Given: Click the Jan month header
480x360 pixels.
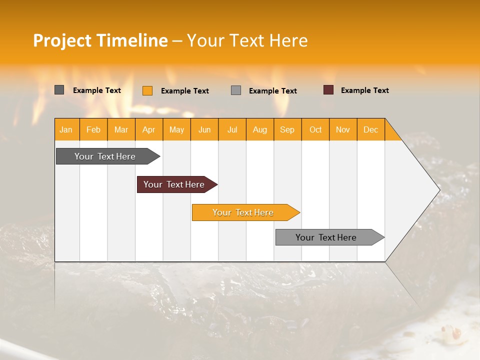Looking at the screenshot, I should pyautogui.click(x=66, y=129).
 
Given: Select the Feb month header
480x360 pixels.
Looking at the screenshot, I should pyautogui.click(x=93, y=129).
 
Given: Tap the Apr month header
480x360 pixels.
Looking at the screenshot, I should pyautogui.click(x=149, y=129).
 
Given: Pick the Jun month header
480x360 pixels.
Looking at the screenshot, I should pyautogui.click(x=204, y=129).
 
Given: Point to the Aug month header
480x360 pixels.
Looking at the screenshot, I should pyautogui.click(x=260, y=129).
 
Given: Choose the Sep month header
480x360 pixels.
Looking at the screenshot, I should pyautogui.click(x=287, y=129).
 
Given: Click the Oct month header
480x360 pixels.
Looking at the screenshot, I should pyautogui.click(x=315, y=129).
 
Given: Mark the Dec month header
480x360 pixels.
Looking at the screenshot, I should pyautogui.click(x=371, y=129).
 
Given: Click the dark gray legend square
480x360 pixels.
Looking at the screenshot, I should pyautogui.click(x=59, y=90).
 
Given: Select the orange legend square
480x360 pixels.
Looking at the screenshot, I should pyautogui.click(x=147, y=90).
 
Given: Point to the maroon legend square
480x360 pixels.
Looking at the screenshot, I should pyautogui.click(x=328, y=90).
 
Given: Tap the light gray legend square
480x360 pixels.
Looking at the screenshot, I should pyautogui.click(x=236, y=90).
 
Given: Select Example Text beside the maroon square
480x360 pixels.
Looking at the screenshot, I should pyautogui.click(x=364, y=90).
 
